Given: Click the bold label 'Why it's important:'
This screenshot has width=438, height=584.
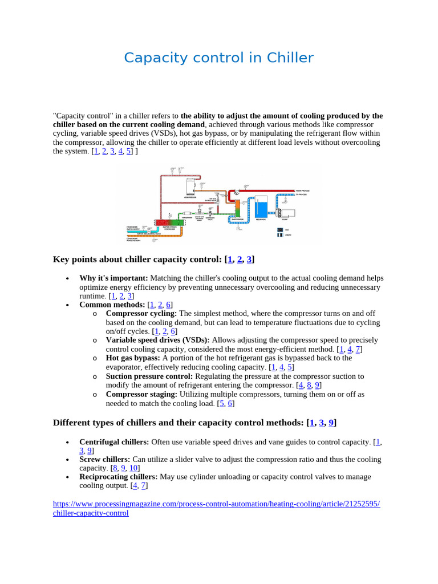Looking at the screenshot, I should pos(113,278).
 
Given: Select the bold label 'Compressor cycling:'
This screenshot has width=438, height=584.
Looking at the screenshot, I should pos(141,313).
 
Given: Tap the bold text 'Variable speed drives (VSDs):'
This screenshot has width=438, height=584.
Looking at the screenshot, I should pos(157,340).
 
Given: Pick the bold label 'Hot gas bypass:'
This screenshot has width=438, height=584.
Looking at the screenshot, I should pos(133,358).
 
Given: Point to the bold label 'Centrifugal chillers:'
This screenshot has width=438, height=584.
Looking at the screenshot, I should pos(114,441).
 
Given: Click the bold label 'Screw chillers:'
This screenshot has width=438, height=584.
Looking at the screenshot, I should pos(104,459).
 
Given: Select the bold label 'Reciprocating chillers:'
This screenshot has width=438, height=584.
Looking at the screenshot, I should pos(118,476).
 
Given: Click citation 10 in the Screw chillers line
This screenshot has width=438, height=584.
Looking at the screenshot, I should pos(134,468).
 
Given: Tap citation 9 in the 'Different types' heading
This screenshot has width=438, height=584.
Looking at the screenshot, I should pos(331,423).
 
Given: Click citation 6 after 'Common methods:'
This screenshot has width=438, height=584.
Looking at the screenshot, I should pos(169,305).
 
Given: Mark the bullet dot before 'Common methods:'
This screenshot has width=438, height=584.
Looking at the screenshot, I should pos(67,305).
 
